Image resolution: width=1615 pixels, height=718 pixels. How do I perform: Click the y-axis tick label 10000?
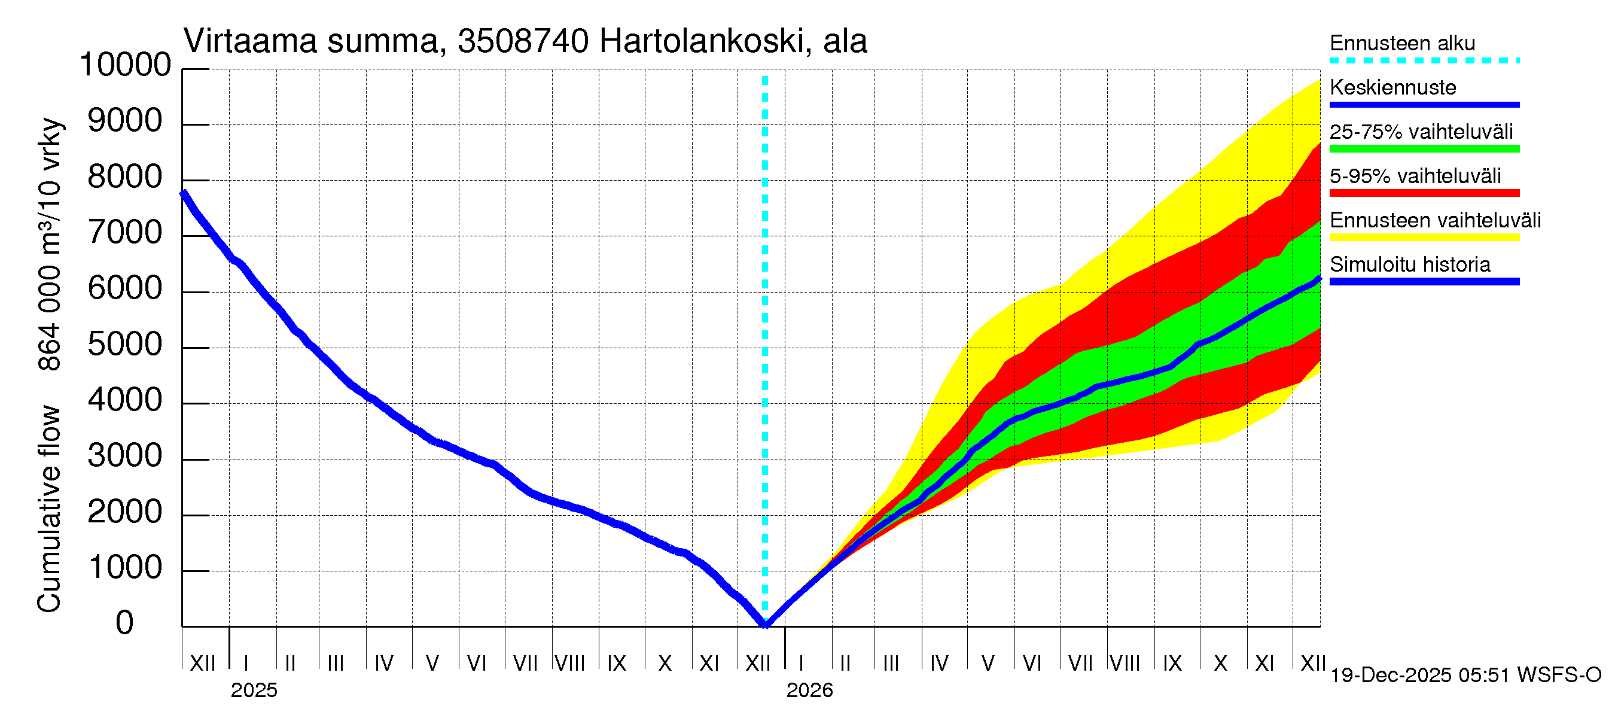point(126,65)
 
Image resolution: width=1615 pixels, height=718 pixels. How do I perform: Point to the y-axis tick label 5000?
point(126,344)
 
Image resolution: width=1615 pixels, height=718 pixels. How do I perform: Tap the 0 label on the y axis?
point(125,623)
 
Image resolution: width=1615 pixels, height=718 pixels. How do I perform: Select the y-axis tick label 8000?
point(126,177)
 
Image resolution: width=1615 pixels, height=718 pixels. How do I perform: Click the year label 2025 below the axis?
point(254,690)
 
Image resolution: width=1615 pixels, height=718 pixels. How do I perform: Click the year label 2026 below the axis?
point(809,690)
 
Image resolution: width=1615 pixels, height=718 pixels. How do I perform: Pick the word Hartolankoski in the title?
point(702,41)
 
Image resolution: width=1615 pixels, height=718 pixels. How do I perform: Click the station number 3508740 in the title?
point(523,41)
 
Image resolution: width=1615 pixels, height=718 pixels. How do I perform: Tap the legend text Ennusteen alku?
point(1403,43)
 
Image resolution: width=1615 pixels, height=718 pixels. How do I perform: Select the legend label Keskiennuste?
point(1393,87)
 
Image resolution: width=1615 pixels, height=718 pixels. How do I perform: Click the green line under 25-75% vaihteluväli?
point(1424,148)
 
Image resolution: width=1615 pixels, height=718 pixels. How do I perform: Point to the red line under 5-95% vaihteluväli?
point(1424,193)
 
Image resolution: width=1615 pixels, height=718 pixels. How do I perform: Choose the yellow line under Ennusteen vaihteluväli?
point(1424,237)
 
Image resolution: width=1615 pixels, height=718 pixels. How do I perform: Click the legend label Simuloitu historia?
point(1410,264)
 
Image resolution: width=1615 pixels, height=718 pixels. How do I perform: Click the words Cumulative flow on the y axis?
point(49,508)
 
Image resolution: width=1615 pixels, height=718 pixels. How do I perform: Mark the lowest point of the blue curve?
point(766,625)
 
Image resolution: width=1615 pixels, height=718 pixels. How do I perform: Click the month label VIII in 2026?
point(1125,663)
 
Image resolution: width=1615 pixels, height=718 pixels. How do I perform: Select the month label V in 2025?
point(432,663)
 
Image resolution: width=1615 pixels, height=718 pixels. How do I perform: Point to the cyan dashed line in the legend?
point(1424,61)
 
